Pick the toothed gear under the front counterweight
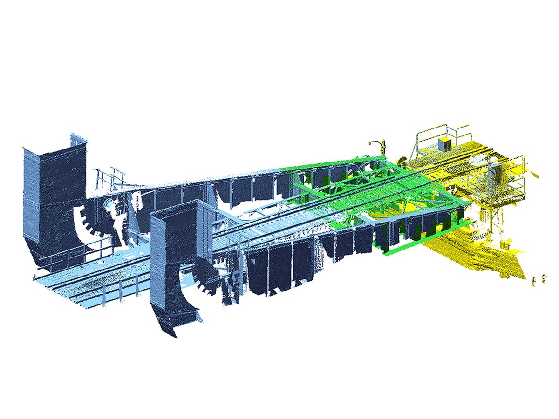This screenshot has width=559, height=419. tap(210, 279)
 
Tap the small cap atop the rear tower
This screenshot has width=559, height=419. tap(78, 138)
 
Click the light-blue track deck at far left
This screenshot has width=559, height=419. tap(70, 284)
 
